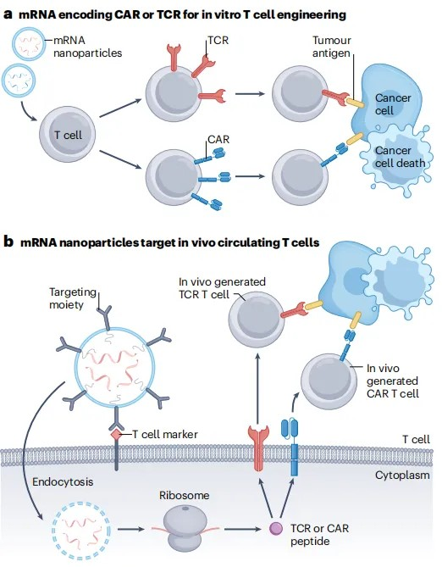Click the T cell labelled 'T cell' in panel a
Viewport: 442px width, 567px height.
coord(67,134)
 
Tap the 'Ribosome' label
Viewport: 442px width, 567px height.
coord(185,495)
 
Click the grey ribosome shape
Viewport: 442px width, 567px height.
coord(185,528)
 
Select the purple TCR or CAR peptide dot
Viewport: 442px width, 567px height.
coord(276,529)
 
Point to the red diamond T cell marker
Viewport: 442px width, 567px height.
coord(116,435)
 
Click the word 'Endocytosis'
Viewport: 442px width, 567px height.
coord(63,481)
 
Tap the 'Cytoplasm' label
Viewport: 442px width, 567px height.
coord(402,475)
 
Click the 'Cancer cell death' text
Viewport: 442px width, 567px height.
coord(400,157)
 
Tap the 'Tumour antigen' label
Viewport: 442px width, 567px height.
coord(331,47)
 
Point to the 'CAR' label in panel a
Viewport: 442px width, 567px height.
coord(218,139)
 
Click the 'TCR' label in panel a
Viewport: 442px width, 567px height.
coord(218,40)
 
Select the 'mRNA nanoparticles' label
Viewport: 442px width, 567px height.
coord(87,47)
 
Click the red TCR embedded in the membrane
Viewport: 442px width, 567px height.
coord(258,448)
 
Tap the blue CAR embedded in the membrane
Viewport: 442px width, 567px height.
coord(294,447)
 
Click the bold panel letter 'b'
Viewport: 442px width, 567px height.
coord(8,242)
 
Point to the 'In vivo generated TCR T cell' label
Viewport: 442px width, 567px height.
coord(222,288)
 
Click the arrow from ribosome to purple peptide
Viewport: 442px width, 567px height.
coord(242,529)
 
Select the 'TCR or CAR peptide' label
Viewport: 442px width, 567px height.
coord(319,535)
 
